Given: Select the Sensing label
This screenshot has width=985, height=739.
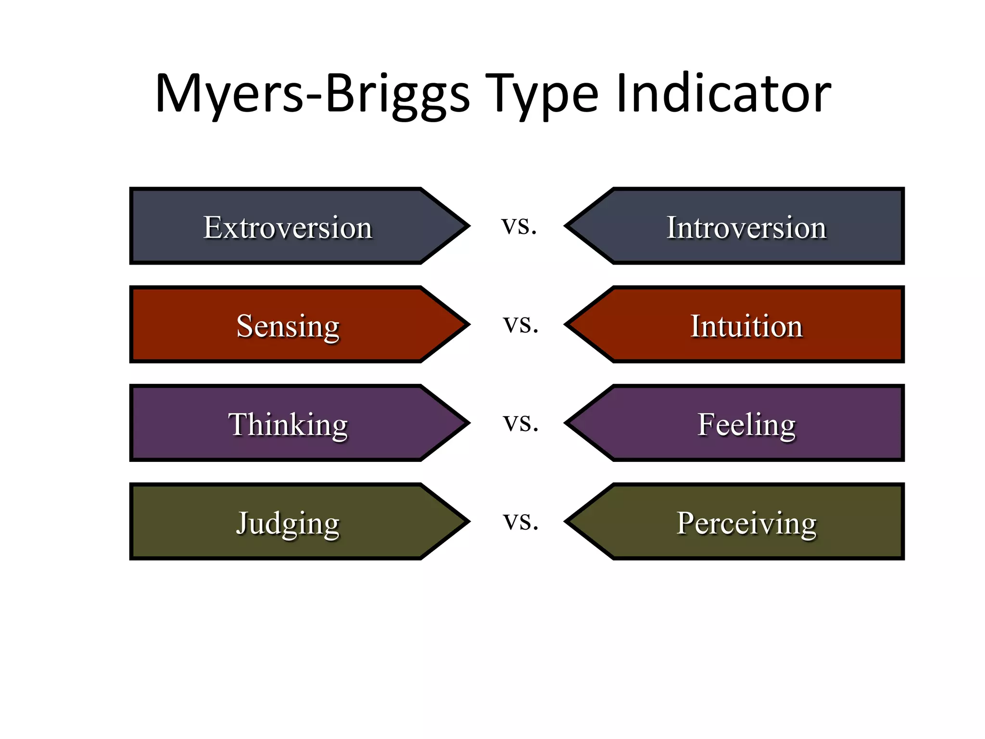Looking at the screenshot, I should [x=288, y=326].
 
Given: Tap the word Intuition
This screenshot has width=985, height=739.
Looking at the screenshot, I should [x=746, y=326].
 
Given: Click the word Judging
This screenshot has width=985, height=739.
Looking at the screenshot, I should [x=288, y=523].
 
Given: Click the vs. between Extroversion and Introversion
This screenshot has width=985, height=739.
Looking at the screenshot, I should [x=518, y=225].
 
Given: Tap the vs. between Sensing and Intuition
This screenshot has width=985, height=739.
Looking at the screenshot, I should [x=520, y=324].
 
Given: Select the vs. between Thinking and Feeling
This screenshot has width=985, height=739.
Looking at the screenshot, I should [x=520, y=423].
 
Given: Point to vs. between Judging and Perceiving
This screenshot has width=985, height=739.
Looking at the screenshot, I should [x=520, y=522].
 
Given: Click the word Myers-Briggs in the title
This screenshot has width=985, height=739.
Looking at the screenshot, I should [x=312, y=94].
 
